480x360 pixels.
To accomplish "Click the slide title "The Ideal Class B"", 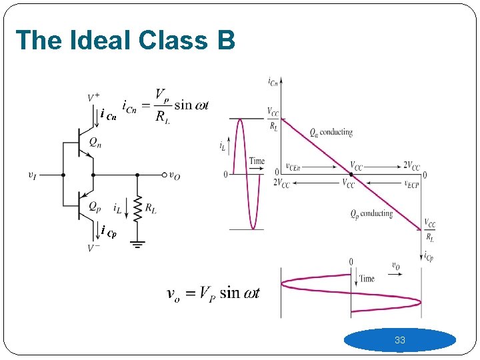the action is coord(125,41).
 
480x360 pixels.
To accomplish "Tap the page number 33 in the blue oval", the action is coord(399,340).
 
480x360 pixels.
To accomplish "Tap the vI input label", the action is coord(32,175).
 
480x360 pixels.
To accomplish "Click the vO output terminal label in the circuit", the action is coord(174,175).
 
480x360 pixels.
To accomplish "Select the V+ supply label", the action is coord(93,98).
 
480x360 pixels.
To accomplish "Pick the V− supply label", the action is coord(93,248).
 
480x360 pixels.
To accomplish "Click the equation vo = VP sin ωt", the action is coord(213,293).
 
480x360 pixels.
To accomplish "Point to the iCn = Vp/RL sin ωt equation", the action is coord(165,105).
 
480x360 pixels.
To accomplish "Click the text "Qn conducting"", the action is coord(331,132).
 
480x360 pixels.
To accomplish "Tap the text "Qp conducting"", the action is coord(371,214).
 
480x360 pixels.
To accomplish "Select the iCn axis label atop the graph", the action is coord(273,82).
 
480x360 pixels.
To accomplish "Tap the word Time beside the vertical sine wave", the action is coord(257,161).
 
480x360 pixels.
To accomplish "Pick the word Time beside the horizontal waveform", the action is coord(367,279).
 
